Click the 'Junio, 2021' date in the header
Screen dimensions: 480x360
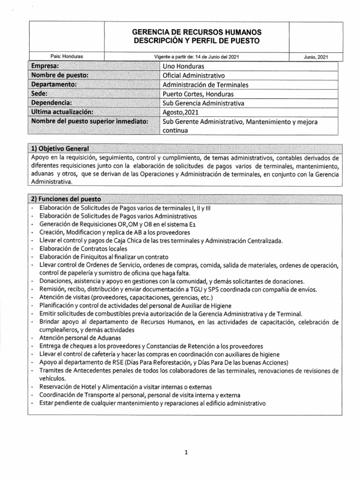[316, 57]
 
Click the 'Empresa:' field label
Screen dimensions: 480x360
[45, 66]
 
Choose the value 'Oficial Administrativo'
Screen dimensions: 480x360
[193, 75]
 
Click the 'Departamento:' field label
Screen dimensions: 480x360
[54, 84]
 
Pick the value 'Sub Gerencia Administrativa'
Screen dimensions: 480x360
[203, 103]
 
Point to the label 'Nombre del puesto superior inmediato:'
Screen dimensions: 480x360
[89, 122]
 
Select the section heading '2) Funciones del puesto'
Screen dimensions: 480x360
[64, 199]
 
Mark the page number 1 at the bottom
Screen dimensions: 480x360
[186, 439]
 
